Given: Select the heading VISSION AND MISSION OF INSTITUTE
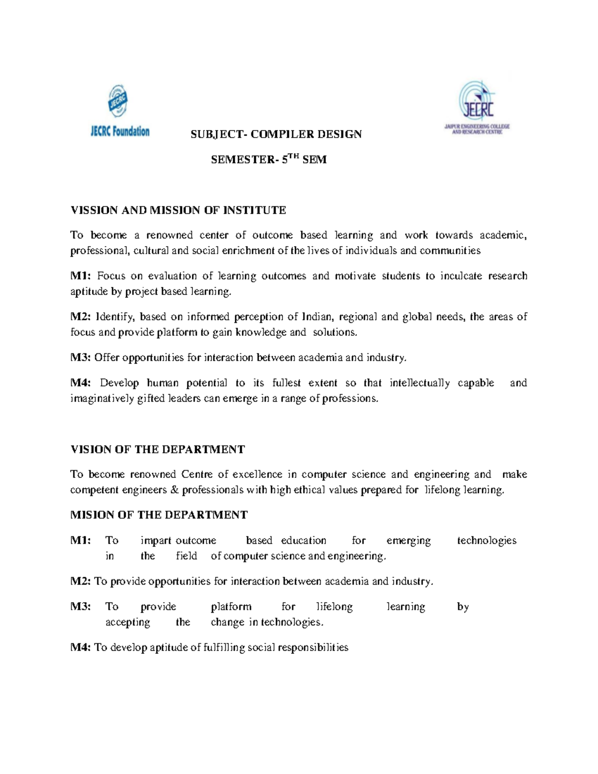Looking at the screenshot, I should tap(178, 210).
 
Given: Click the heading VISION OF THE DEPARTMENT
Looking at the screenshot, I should tap(157, 450).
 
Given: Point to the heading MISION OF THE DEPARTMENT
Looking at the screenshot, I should tap(159, 515).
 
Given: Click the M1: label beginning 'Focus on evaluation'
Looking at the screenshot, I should tap(80, 276).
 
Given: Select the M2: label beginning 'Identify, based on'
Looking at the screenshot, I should tap(80, 317).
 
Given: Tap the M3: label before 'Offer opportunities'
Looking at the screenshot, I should tap(80, 357).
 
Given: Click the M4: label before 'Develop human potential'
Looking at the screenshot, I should tap(80, 383).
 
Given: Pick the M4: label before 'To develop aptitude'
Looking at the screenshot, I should tap(80, 647).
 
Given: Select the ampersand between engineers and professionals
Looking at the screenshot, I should tap(174, 490).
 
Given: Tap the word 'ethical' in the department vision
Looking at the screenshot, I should tap(310, 490).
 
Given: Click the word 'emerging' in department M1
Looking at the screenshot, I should tap(409, 541).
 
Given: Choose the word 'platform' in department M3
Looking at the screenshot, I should tap(231, 607).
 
